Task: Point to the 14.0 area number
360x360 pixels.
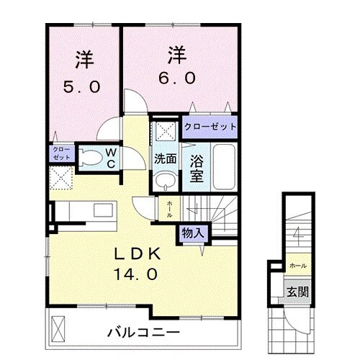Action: pos(134,274)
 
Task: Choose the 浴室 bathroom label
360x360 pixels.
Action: pos(196,168)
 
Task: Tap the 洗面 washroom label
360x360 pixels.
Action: pos(164,159)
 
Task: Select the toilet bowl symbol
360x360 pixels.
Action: pos(89,157)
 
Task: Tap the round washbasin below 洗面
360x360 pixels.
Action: pos(165,180)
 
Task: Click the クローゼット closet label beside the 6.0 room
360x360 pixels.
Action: pos(210,127)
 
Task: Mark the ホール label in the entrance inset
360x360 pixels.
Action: pos(297,265)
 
